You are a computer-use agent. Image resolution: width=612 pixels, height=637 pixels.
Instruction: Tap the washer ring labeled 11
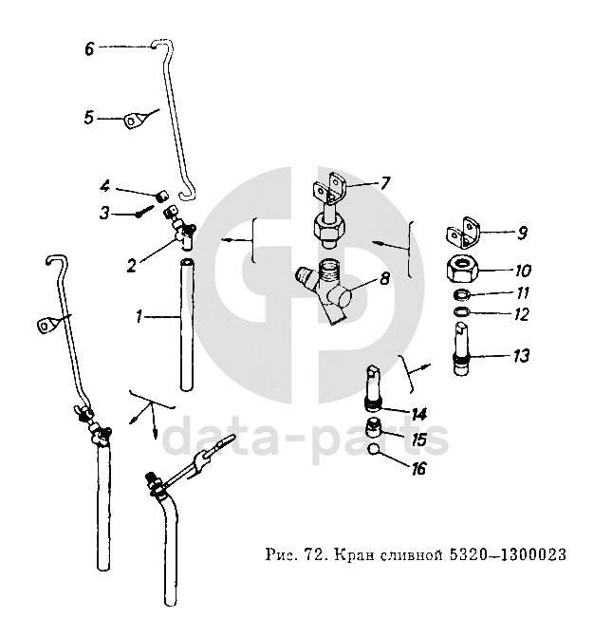[461, 295]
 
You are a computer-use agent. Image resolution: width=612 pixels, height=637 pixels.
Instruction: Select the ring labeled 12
[461, 311]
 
